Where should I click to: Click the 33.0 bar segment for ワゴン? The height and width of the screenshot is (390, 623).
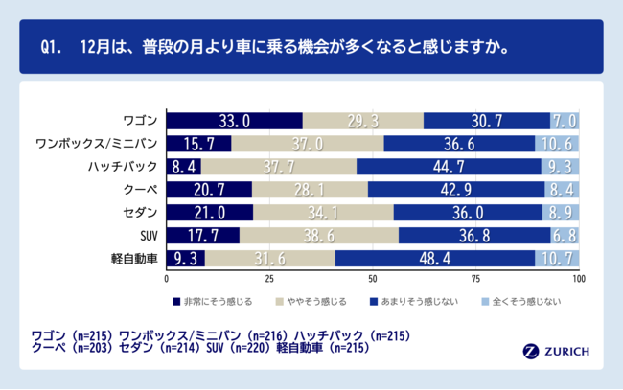pos(235,121)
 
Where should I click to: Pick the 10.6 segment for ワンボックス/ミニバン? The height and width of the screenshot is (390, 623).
pos(557,144)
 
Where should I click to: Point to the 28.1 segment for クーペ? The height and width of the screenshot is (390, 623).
pos(311,190)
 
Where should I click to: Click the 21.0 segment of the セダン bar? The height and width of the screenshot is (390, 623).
pos(210,213)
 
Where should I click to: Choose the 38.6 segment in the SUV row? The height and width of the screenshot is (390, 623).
pos(319,236)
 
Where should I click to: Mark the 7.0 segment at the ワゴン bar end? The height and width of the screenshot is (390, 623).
pos(565,121)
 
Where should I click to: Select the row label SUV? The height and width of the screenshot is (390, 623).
pos(149,236)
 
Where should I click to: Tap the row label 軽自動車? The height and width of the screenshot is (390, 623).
pos(139,259)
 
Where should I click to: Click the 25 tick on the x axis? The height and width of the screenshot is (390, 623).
pos(269,280)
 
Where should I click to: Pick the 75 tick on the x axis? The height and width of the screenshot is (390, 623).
pos(475,280)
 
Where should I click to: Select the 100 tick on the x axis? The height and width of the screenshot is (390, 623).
pos(578,280)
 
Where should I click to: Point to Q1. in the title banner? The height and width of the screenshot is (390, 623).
pos(54,46)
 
